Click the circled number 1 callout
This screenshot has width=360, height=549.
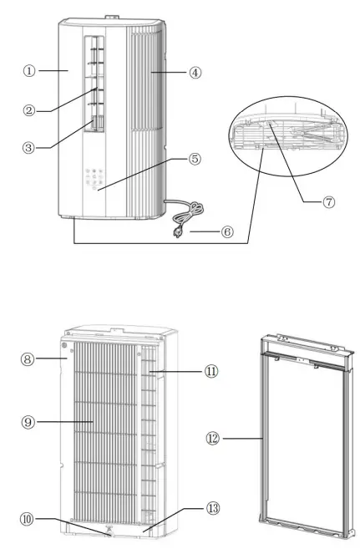[x=29, y=71]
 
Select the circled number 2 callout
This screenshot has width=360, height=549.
[x=29, y=109]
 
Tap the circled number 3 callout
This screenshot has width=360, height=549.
[x=29, y=147]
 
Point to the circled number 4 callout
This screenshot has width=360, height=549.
[x=195, y=72]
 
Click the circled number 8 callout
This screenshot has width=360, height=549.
[x=29, y=361]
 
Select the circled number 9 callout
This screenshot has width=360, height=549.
[x=29, y=423]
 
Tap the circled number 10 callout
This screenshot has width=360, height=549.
[x=29, y=519]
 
